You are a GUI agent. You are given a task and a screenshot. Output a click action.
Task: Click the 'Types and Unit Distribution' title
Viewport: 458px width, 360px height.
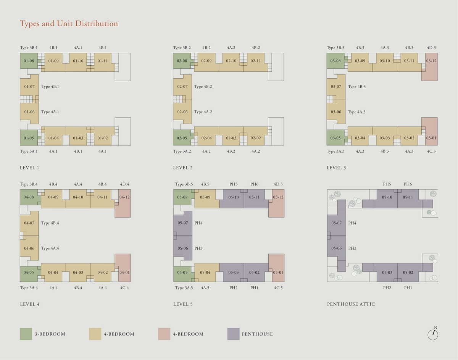69,24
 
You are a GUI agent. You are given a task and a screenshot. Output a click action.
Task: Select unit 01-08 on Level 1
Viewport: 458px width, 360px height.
29,61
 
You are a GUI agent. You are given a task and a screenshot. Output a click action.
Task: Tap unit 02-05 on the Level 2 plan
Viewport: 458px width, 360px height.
182,138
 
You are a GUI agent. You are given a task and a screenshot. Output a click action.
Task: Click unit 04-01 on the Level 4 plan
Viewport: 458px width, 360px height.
124,273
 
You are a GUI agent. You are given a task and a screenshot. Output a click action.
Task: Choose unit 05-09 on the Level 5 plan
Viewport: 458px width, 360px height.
205,197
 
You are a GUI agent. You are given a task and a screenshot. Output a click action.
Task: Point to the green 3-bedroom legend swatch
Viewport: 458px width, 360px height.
26,334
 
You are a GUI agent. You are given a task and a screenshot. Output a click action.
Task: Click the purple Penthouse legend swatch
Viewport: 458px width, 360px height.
233,334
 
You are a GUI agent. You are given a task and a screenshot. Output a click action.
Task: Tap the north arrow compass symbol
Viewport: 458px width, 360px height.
433,334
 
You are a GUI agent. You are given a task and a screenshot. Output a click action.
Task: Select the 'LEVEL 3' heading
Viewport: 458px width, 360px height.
336,168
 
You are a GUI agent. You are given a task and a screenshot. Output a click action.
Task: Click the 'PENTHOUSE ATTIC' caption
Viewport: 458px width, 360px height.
351,304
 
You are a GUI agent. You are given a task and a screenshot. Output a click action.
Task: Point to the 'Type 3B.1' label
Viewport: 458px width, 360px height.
29,48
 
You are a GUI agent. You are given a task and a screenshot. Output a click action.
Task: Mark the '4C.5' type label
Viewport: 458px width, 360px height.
279,288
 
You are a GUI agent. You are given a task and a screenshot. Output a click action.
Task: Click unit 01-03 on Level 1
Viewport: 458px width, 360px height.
78,138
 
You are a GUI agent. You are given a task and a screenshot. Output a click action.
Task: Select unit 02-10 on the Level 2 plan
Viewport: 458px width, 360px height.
231,61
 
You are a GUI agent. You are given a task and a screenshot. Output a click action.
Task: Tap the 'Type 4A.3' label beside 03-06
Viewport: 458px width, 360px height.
356,112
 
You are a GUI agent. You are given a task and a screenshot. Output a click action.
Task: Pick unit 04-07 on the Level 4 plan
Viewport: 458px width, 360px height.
29,223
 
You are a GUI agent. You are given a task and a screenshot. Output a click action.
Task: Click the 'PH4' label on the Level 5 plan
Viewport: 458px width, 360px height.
198,223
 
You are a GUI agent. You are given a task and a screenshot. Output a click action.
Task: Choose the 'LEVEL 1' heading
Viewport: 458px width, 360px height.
29,168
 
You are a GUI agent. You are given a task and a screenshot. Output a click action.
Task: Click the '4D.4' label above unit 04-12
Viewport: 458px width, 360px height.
124,184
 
